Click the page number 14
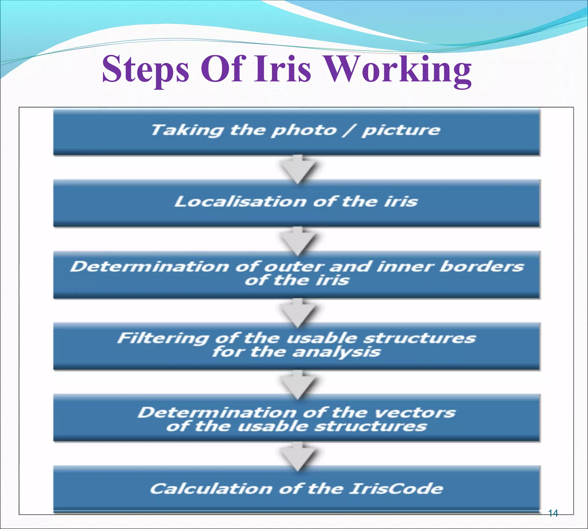[x=553, y=513]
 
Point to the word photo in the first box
[x=303, y=131]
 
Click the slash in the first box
[x=349, y=131]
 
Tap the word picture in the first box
[x=401, y=131]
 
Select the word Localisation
[x=240, y=201]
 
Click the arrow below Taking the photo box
[x=298, y=168]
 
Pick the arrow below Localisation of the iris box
[x=298, y=241]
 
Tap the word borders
[x=481, y=267]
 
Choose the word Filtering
[x=163, y=338]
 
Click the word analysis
[x=336, y=352]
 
